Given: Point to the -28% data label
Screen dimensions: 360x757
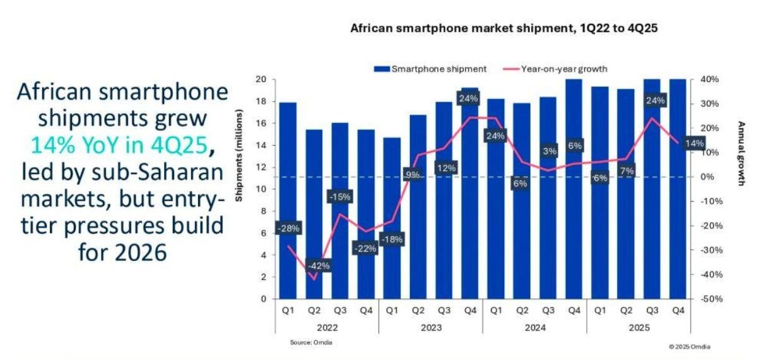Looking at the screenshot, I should click(x=288, y=228).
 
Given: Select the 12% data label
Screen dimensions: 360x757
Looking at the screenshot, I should click(x=445, y=168).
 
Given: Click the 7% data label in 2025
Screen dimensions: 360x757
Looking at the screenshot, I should click(x=626, y=170).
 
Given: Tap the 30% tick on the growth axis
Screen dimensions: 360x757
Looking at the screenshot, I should click(x=707, y=104).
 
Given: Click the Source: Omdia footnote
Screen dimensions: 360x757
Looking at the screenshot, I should click(x=310, y=342).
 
